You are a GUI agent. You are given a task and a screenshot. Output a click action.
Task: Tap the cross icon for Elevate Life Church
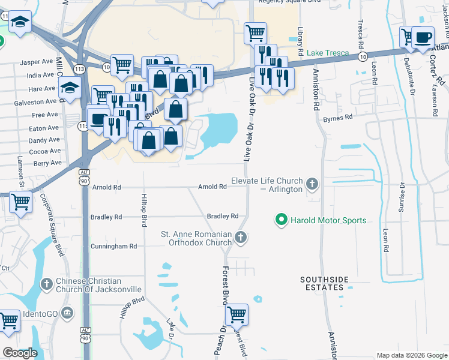pyautogui.click(x=311, y=184)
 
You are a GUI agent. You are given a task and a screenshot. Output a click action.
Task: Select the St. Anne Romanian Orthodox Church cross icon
pyautogui.click(x=240, y=238)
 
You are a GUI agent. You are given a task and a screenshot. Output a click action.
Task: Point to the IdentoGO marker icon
pyautogui.click(x=67, y=313)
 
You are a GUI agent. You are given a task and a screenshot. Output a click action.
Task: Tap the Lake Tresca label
pyautogui.click(x=328, y=53)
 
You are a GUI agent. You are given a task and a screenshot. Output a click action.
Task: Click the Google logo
pyautogui.click(x=20, y=353)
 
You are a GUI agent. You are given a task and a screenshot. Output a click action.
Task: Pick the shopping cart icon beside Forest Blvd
pyautogui.click(x=237, y=313)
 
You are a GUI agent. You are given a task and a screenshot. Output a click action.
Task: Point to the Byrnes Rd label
pyautogui.click(x=337, y=119)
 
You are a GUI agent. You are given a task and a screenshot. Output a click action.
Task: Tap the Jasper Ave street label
pyautogui.click(x=37, y=62)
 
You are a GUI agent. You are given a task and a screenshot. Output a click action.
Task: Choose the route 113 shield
pyautogui.click(x=80, y=70)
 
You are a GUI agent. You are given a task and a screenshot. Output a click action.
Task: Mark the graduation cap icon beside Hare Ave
pyautogui.click(x=70, y=88)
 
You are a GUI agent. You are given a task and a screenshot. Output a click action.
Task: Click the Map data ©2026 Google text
pyautogui.click(x=411, y=355)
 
